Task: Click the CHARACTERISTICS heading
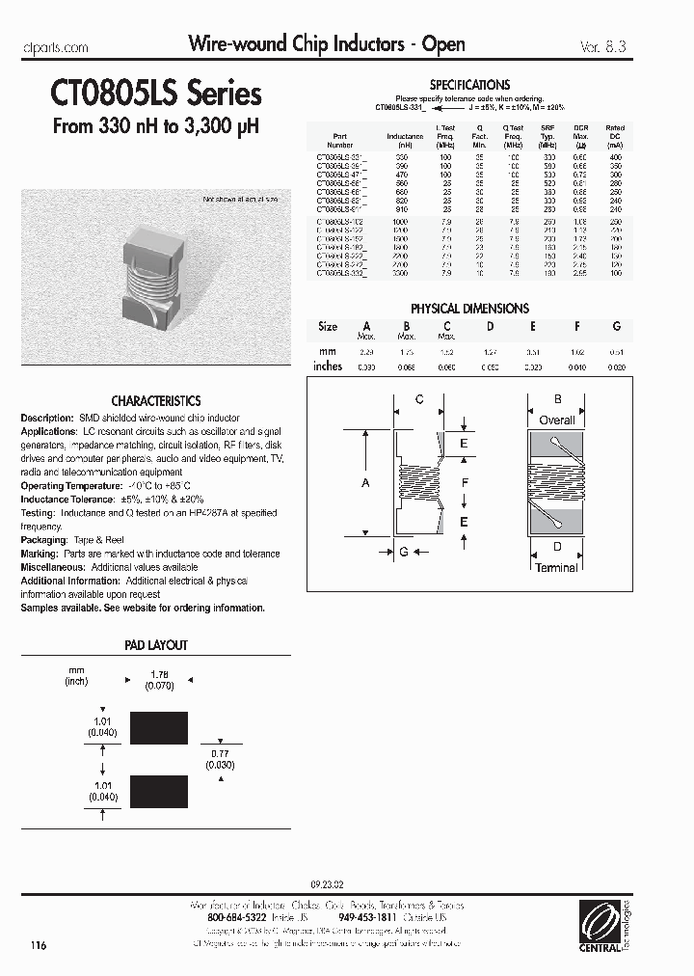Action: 156,400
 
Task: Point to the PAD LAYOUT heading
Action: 156,644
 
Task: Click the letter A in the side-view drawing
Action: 365,482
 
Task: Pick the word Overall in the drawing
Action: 556,420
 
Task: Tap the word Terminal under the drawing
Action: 556,568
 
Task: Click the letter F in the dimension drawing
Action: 465,482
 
